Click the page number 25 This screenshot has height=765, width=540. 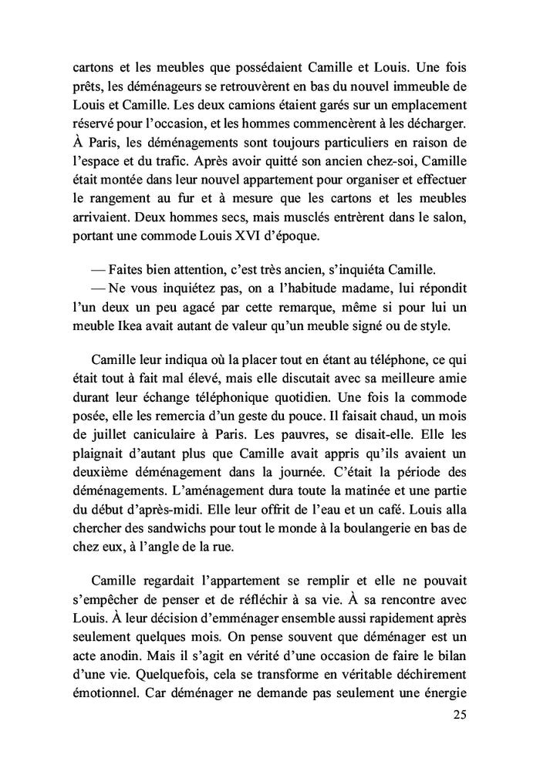tap(458, 714)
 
